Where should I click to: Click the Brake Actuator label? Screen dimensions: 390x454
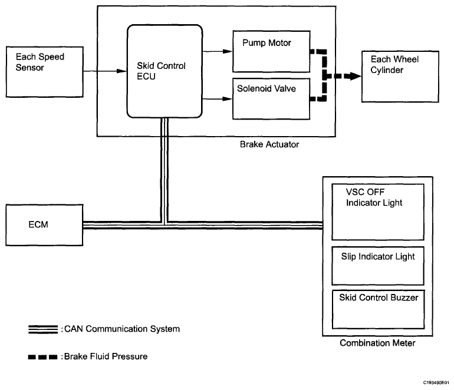[x=269, y=144]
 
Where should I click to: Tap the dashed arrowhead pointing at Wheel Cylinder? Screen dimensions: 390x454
[x=353, y=76]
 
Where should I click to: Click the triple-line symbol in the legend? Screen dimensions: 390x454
[x=44, y=329]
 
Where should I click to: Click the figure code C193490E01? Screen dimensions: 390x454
[x=436, y=382]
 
